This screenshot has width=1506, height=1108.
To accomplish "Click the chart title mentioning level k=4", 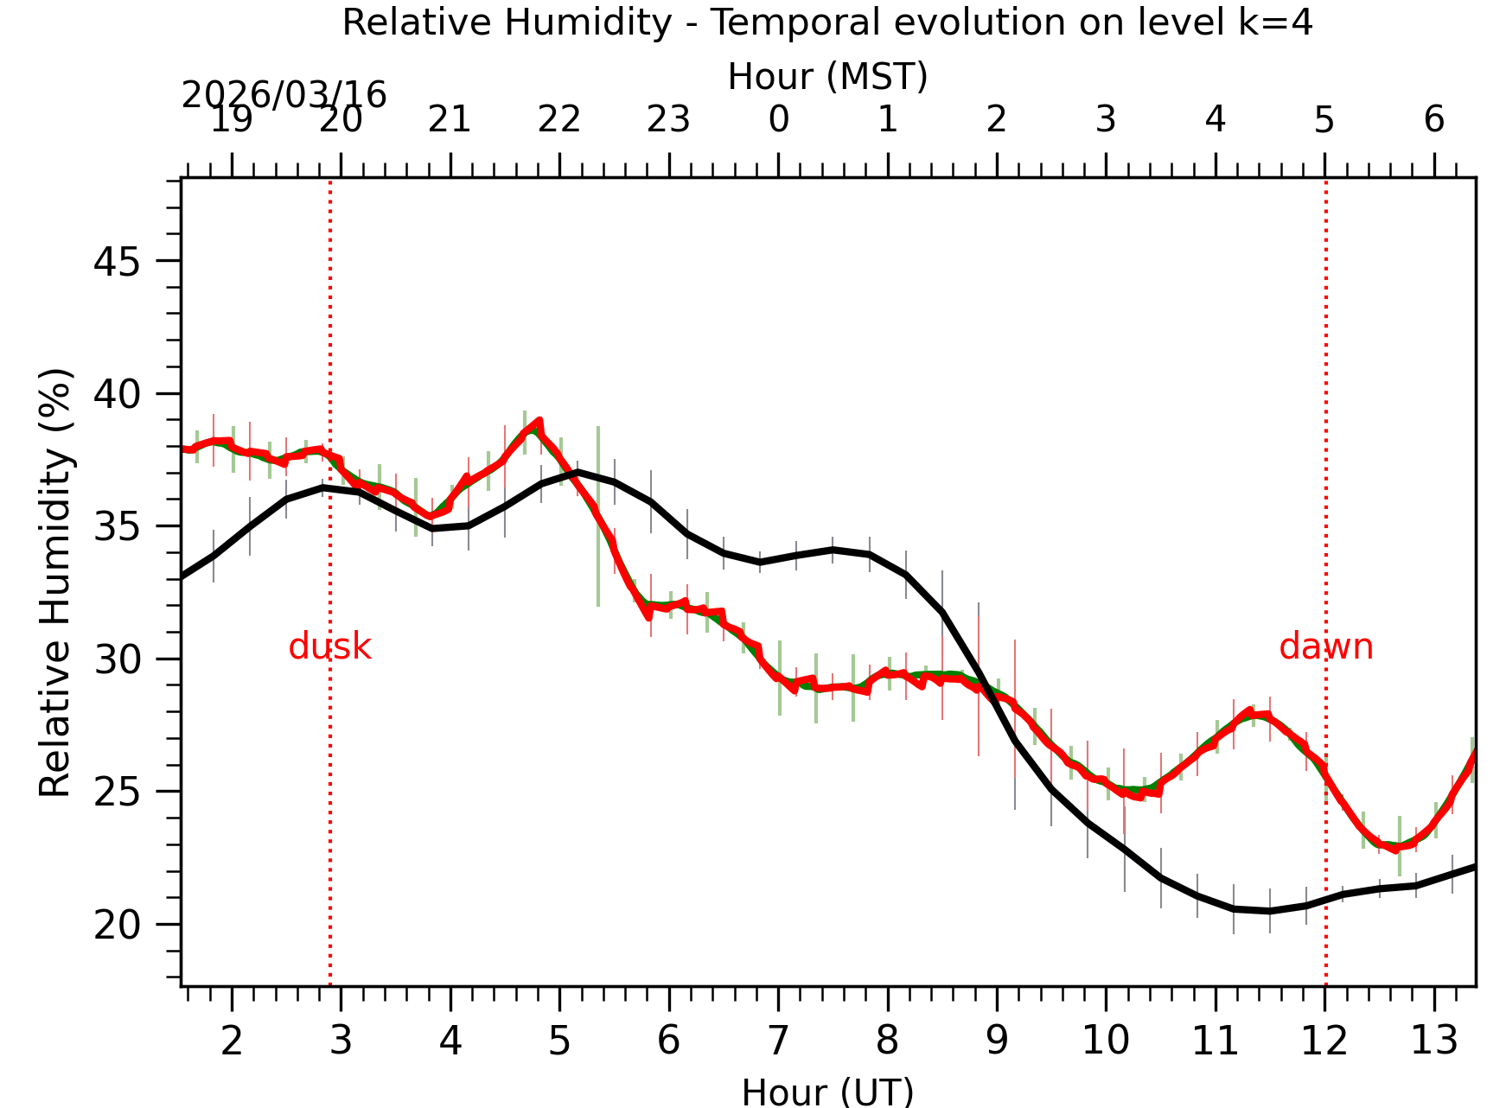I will click(x=827, y=22).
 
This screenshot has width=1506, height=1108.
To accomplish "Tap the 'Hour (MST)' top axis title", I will click(x=827, y=77).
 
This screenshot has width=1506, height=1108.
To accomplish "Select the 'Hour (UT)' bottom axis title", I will click(x=827, y=1092).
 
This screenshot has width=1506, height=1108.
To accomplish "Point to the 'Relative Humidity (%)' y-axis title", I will click(x=55, y=583).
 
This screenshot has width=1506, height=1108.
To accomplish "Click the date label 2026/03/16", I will click(x=284, y=95).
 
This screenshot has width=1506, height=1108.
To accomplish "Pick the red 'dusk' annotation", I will click(x=329, y=646).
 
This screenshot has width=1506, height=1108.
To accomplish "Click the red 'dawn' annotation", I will click(x=1325, y=646).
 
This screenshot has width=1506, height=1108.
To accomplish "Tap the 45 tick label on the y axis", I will click(x=117, y=262).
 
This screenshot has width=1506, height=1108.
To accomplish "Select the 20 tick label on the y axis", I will click(x=117, y=925).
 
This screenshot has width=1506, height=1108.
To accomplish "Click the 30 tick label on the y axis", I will click(x=117, y=660).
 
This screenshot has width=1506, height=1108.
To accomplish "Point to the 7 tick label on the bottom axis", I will click(x=778, y=1041).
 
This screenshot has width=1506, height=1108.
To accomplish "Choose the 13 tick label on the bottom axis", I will click(x=1434, y=1041).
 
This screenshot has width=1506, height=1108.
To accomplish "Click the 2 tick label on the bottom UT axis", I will click(x=232, y=1041).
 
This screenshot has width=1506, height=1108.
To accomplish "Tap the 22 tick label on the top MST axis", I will click(x=559, y=119).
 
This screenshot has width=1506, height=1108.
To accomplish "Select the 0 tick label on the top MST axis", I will click(x=778, y=119).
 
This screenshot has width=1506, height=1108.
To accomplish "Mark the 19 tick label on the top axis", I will click(x=232, y=119).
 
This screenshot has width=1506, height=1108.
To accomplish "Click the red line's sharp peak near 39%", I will click(x=539, y=421).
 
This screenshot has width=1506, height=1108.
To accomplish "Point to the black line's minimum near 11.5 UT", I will click(x=1269, y=911).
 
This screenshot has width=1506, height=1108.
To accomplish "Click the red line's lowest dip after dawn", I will click(x=1394, y=849).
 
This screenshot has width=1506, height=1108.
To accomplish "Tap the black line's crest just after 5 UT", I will click(x=578, y=472).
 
